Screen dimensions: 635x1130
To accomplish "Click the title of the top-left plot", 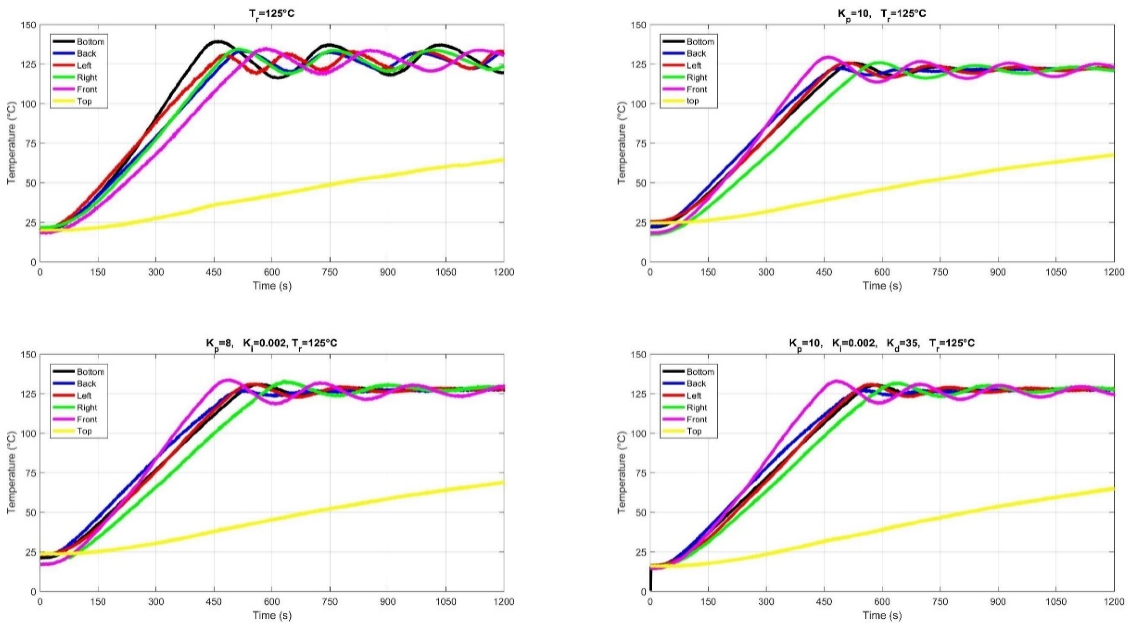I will (x=272, y=14).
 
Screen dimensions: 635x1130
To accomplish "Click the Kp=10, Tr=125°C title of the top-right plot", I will (x=882, y=14).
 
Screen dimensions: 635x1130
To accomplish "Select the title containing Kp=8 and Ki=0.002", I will (x=272, y=343).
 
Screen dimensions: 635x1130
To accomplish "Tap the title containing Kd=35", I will (x=882, y=343).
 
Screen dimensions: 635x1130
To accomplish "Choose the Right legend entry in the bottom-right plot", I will (x=696, y=408).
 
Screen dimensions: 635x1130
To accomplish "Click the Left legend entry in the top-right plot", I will (x=694, y=66).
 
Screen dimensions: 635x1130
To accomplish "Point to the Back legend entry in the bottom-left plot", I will (x=86, y=384).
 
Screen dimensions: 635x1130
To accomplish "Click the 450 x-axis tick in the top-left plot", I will (x=214, y=272).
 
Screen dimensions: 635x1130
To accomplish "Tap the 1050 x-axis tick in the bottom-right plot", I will (x=1056, y=601).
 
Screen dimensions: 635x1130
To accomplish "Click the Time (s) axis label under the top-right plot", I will (x=882, y=286).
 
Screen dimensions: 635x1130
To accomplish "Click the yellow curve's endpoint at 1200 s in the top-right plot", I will (x=1113, y=155).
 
